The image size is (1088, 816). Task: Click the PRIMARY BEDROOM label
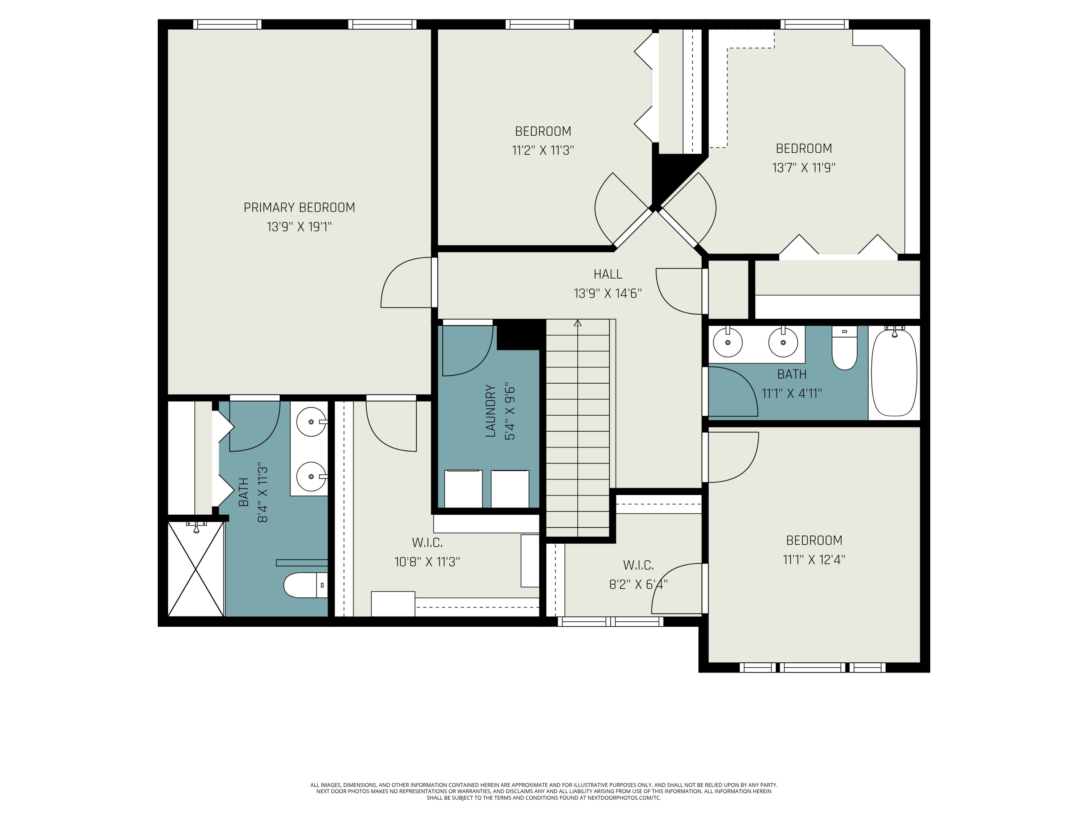click(x=299, y=207)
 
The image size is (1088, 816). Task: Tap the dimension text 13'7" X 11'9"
click(x=804, y=168)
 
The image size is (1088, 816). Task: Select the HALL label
click(x=607, y=274)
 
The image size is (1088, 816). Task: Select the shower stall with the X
click(x=196, y=569)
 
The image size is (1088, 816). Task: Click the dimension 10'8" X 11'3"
click(x=427, y=562)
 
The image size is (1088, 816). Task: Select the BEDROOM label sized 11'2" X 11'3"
click(x=543, y=131)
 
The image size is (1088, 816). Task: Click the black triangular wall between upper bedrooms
click(x=671, y=174)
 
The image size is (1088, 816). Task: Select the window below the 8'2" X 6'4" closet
click(x=610, y=622)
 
